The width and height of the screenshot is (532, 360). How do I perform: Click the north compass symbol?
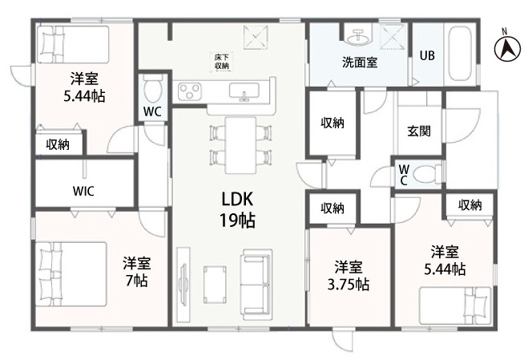point(506,47)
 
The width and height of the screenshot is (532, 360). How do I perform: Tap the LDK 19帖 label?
point(237,209)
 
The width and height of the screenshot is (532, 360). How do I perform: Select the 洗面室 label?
point(360,63)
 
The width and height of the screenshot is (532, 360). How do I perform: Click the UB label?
point(427,55)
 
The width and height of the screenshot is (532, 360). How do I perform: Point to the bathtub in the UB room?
point(460,54)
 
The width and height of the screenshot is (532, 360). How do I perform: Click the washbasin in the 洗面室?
point(358,36)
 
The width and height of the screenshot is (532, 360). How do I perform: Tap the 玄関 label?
point(419,131)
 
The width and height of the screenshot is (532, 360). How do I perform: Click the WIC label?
point(83,191)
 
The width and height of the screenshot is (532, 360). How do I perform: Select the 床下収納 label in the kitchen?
point(222,62)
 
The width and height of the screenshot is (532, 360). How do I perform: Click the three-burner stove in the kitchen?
point(189,91)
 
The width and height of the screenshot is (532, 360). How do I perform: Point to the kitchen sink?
point(244,91)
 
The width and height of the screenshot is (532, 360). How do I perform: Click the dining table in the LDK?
point(240,145)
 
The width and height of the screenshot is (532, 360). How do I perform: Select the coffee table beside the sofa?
point(215,285)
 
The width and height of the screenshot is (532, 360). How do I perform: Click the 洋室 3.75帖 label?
point(349,276)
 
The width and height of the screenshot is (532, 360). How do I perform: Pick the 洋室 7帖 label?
point(137,272)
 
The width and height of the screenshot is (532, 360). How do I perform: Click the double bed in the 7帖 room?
point(71,273)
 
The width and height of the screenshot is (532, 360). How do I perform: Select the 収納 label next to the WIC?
point(58,145)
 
